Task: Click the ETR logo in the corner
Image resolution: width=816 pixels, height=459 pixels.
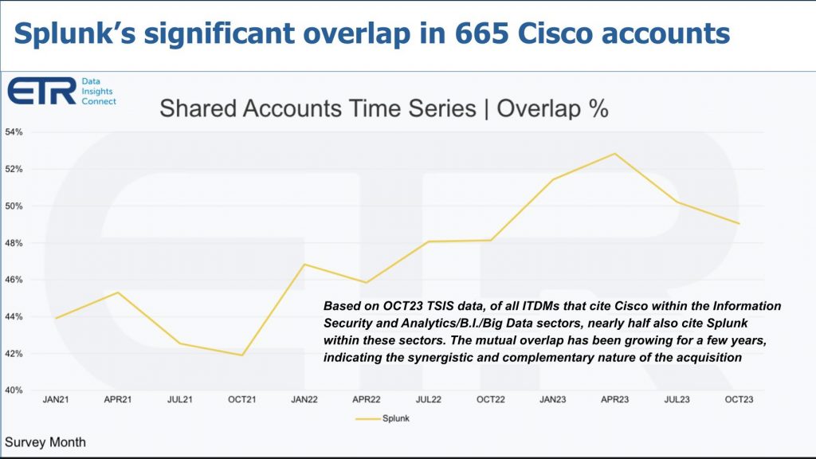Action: (x=41, y=91)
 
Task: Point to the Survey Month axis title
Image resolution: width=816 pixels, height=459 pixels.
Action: (x=45, y=442)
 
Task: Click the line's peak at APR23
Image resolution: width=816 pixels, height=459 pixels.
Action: (x=614, y=154)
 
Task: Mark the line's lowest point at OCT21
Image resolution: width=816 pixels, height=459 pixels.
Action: (x=241, y=355)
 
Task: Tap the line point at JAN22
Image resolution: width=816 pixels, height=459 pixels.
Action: (x=304, y=265)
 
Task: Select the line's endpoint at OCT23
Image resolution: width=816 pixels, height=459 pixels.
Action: (x=739, y=223)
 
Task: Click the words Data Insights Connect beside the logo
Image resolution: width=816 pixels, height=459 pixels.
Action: (x=99, y=92)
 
